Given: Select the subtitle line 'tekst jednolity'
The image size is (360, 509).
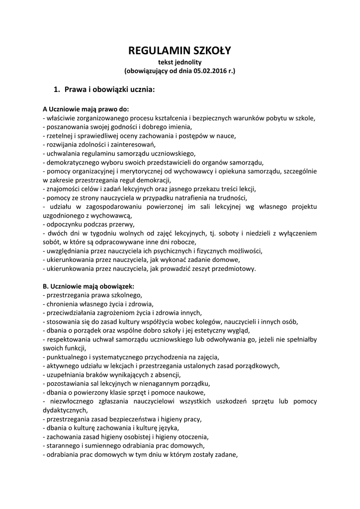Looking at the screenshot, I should pyautogui.click(x=180, y=62).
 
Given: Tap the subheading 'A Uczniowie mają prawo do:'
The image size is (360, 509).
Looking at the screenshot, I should pyautogui.click(x=86, y=109).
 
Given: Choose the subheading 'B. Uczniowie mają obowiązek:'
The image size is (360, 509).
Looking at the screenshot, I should pyautogui.click(x=89, y=286).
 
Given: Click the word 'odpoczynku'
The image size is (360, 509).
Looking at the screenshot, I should pyautogui.click(x=65, y=224).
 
